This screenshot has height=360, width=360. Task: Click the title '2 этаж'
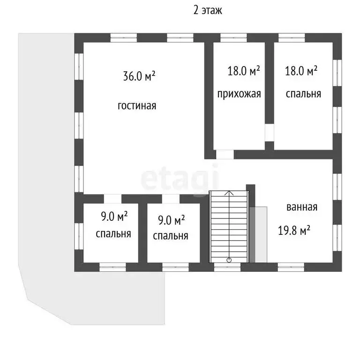pyautogui.click(x=208, y=11)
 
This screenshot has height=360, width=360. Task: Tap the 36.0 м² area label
pyautogui.click(x=139, y=76)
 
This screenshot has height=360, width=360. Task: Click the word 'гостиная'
pyautogui.click(x=137, y=106)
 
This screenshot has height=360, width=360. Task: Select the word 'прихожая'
pyautogui.click(x=239, y=94)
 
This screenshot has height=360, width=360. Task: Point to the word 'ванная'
pyautogui.click(x=302, y=207)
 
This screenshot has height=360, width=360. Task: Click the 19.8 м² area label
pyautogui.click(x=294, y=230)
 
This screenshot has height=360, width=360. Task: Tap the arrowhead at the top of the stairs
pyautogui.click(x=229, y=193)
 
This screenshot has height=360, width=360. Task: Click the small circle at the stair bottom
pyautogui.click(x=229, y=260)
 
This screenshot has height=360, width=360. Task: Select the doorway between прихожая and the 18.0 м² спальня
pyautogui.click(x=270, y=133)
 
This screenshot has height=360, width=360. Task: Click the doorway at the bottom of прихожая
pyautogui.click(x=225, y=155)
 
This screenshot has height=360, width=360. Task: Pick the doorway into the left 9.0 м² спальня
pyautogui.click(x=112, y=199)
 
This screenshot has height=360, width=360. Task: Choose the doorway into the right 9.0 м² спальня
pyautogui.click(x=171, y=199)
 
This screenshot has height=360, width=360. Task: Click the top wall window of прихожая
pyautogui.click(x=234, y=38)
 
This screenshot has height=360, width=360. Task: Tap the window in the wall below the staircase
pyautogui.click(x=227, y=267)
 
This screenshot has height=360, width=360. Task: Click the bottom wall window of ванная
pyautogui.click(x=291, y=267)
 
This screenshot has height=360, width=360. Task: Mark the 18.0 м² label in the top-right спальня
pyautogui.click(x=301, y=71)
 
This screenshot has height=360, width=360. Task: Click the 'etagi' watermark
pyautogui.click(x=180, y=180)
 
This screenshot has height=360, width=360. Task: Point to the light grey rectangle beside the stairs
pyautogui.click(x=261, y=234)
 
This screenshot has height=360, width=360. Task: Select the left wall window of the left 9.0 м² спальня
pyautogui.click(x=79, y=236)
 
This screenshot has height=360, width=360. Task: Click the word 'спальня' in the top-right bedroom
pyautogui.click(x=303, y=94)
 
